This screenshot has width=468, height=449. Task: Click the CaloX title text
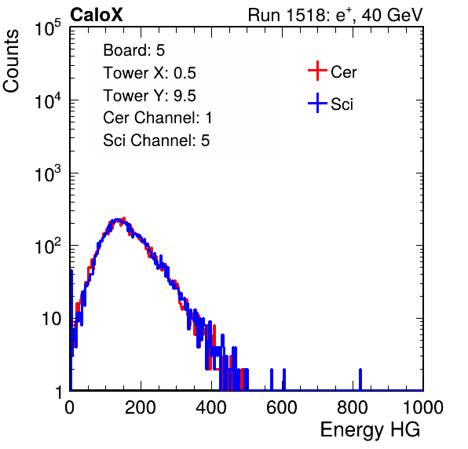click(97, 15)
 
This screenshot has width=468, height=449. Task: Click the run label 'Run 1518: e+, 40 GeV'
click(335, 15)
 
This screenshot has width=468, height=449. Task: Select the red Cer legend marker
click(317, 71)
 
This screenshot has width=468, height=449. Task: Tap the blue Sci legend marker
click(317, 103)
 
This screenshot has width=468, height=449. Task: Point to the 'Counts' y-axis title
click(11, 61)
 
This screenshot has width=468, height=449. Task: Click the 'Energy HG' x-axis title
click(370, 430)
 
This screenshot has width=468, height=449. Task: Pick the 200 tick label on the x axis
click(141, 407)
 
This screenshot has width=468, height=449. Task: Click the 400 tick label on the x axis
click(211, 407)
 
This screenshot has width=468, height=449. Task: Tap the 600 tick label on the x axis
click(282, 407)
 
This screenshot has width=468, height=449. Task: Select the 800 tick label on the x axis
click(353, 407)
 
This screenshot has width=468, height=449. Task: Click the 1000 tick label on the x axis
click(423, 407)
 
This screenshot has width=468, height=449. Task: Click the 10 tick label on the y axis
click(52, 319)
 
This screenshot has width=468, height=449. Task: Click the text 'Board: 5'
click(134, 50)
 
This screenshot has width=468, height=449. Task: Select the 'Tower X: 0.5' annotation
click(149, 73)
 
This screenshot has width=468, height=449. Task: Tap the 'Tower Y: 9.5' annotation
click(149, 96)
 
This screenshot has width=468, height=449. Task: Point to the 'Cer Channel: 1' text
click(158, 118)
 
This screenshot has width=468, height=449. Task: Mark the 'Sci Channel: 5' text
click(156, 141)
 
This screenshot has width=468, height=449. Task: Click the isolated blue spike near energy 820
click(360, 379)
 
